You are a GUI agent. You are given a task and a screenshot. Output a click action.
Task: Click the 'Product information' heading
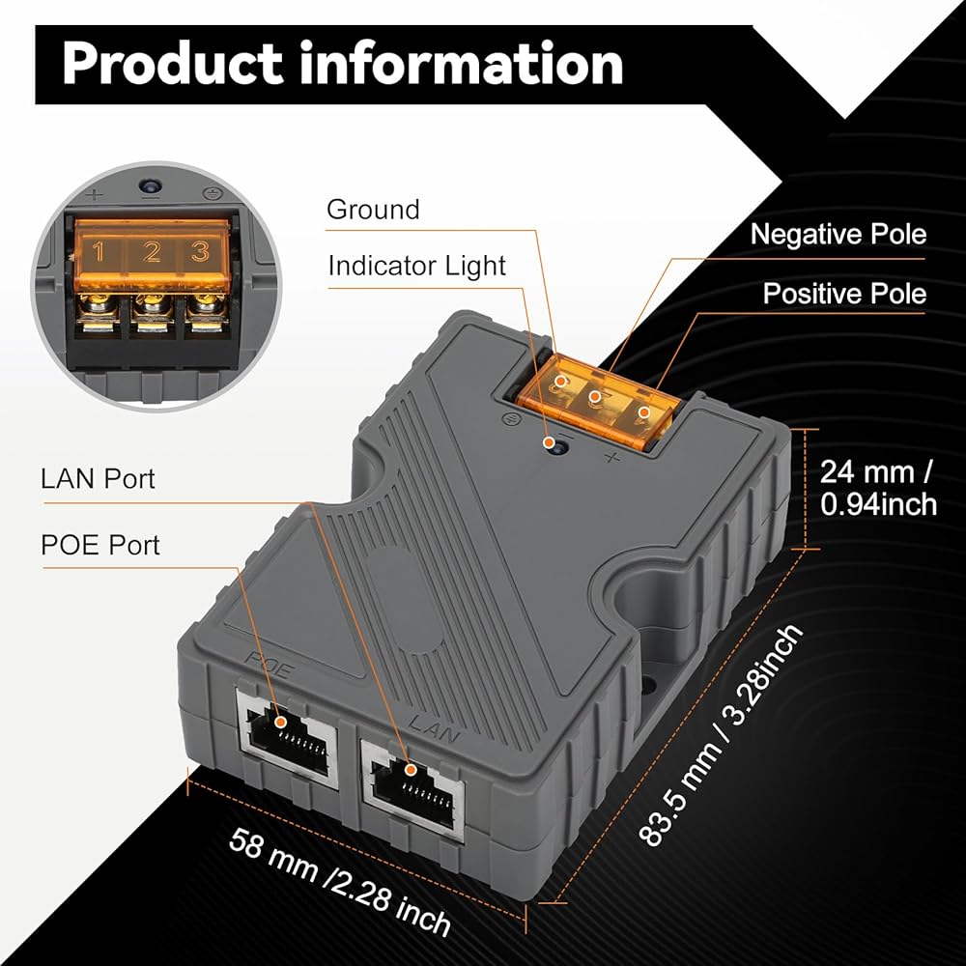(343, 64)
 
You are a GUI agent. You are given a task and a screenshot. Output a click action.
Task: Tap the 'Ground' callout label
(373, 210)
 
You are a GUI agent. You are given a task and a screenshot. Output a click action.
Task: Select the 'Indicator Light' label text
(416, 267)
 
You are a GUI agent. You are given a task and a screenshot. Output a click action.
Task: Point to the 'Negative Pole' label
(838, 234)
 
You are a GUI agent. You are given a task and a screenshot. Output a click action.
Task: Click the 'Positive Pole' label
(844, 294)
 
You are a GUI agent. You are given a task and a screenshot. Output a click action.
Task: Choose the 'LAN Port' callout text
(98, 479)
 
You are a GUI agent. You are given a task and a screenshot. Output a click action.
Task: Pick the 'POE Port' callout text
(99, 545)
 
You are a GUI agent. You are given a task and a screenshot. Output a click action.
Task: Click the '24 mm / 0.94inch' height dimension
(878, 488)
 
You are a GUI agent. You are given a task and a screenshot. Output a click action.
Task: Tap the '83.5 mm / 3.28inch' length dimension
(722, 735)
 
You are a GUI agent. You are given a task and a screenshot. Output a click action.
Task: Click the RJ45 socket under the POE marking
(288, 736)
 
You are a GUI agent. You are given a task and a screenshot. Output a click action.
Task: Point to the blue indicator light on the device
(557, 444)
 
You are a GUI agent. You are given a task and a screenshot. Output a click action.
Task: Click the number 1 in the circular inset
(99, 251)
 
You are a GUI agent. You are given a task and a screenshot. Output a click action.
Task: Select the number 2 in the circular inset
(151, 251)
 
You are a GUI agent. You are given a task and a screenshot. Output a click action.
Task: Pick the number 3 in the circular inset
(200, 251)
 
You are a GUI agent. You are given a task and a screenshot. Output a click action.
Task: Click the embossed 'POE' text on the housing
(270, 666)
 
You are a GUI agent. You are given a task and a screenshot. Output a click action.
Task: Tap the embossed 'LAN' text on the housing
(435, 727)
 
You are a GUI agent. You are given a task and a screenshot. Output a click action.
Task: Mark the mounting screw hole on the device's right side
(648, 684)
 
